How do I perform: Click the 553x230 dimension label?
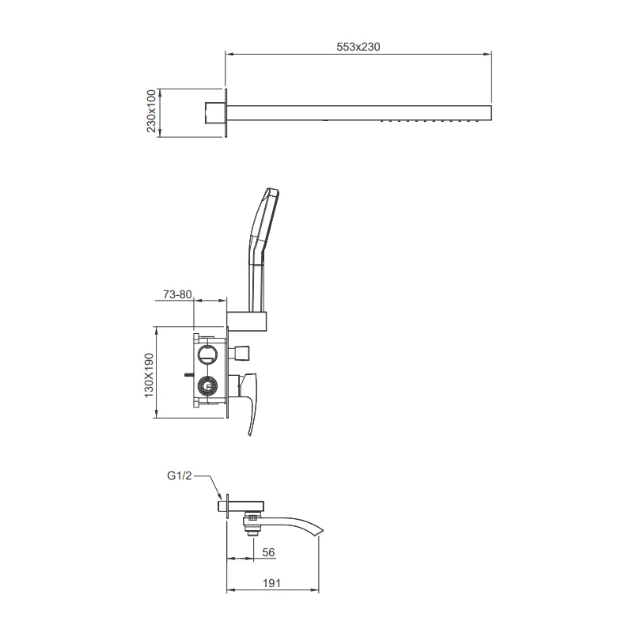(359, 47)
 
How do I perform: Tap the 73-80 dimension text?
(177, 294)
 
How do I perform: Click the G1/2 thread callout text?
(180, 476)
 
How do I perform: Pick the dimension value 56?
(267, 552)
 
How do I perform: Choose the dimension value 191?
(272, 583)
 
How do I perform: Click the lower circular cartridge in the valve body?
(207, 388)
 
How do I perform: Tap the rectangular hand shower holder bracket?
(248, 320)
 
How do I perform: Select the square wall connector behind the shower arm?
(214, 113)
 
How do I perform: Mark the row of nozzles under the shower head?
(430, 121)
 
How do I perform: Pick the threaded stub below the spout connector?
(253, 533)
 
